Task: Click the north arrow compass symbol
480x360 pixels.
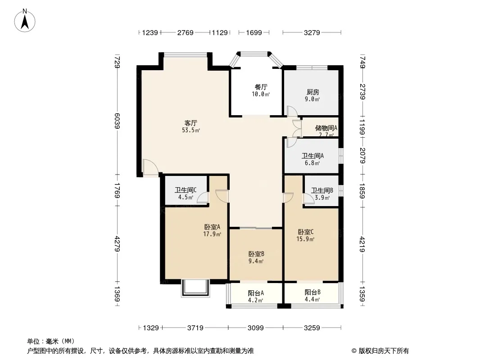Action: (25, 21)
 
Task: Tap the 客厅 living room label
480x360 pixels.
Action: (191, 123)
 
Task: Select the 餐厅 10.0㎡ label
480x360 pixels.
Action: (261, 91)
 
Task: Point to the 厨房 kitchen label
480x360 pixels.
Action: (312, 92)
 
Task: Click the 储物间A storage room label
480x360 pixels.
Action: (326, 128)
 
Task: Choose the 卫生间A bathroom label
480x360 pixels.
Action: (312, 156)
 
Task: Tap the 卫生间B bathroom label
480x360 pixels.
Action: (322, 190)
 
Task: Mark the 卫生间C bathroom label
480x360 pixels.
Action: (186, 190)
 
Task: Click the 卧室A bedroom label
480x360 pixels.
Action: (212, 227)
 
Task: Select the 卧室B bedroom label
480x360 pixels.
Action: (256, 254)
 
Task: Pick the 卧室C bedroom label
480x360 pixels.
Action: (305, 232)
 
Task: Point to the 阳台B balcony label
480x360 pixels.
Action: (312, 292)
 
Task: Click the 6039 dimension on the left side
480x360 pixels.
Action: (117, 121)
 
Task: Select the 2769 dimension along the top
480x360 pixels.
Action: (185, 32)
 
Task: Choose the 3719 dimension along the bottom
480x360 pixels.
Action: (195, 328)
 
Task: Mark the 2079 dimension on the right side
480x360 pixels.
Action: (362, 155)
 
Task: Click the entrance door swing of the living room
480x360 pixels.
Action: (150, 167)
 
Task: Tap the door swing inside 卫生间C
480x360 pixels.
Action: (203, 198)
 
